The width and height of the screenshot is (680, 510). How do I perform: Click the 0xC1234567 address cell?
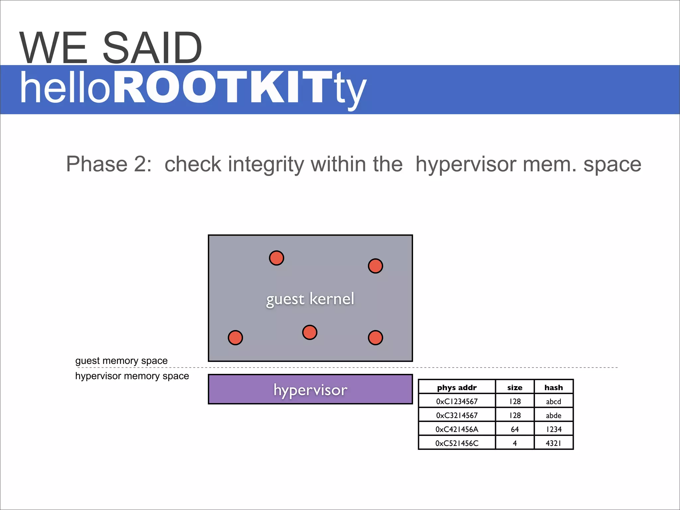tap(457, 401)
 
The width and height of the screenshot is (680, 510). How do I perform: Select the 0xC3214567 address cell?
tap(457, 415)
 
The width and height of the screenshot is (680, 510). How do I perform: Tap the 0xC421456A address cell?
tap(457, 429)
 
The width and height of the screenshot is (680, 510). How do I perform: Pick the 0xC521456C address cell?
tap(457, 443)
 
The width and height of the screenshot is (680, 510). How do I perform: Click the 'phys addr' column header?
tap(457, 387)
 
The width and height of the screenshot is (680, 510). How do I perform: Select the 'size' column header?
tap(515, 387)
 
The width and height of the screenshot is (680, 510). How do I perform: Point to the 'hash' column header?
tap(553, 387)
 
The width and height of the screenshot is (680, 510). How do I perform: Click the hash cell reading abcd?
tap(553, 401)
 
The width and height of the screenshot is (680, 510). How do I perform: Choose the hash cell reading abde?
tap(553, 415)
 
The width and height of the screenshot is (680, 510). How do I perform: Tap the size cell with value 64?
tap(515, 429)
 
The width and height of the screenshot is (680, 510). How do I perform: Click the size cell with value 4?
tap(515, 443)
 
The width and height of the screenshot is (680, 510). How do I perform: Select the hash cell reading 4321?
tap(553, 443)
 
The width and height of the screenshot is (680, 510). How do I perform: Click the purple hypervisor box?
tap(310, 389)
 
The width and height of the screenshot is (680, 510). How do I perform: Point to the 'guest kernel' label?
tap(310, 299)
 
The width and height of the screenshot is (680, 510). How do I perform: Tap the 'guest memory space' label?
tap(122, 361)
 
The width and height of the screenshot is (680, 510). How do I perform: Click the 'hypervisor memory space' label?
tap(132, 376)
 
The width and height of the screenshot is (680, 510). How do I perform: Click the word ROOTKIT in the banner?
tap(223, 88)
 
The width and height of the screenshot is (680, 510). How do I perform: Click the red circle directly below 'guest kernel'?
tap(310, 332)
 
